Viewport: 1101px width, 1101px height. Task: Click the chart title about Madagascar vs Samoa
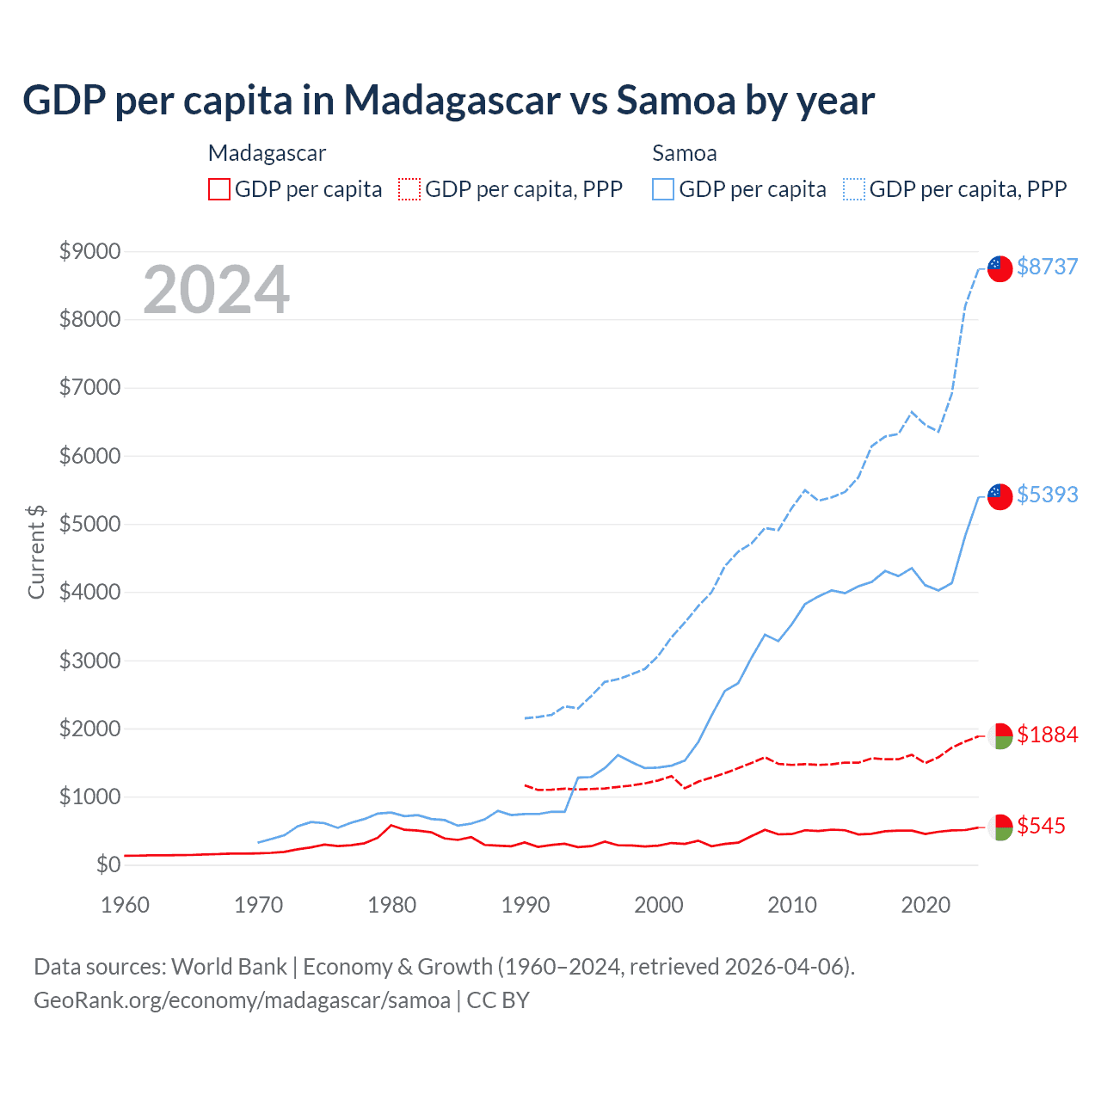[448, 101]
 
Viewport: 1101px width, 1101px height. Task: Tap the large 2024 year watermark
[216, 290]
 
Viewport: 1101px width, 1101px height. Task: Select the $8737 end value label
[1047, 267]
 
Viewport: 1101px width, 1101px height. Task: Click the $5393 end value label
[1047, 495]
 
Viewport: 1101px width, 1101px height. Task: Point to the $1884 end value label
[1047, 735]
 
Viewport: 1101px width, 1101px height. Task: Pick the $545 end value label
[1041, 826]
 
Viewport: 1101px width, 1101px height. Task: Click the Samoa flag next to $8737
[1000, 268]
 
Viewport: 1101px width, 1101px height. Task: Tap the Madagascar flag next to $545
[1000, 827]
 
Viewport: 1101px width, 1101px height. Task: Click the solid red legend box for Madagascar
[219, 189]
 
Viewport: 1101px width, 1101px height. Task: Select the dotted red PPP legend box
[409, 189]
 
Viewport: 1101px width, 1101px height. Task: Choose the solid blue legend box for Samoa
[663, 189]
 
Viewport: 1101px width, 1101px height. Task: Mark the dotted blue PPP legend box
[854, 189]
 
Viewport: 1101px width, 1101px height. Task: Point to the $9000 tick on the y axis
[89, 251]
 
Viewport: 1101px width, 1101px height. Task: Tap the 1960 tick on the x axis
[126, 905]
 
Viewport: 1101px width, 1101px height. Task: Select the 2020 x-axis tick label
[926, 905]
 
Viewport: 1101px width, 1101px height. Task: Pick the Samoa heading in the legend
[685, 153]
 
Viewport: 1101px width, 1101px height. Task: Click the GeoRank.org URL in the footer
[242, 1000]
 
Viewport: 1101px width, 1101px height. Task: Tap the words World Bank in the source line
[229, 967]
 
